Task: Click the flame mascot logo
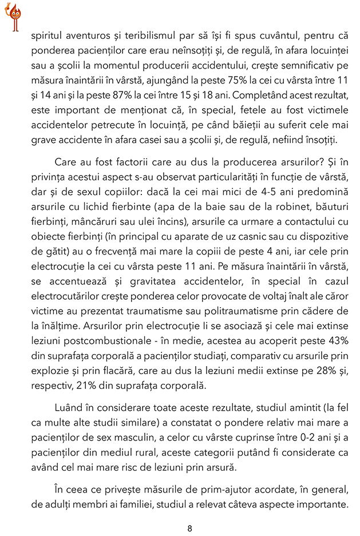point(13,16)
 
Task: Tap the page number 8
point(189,528)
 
